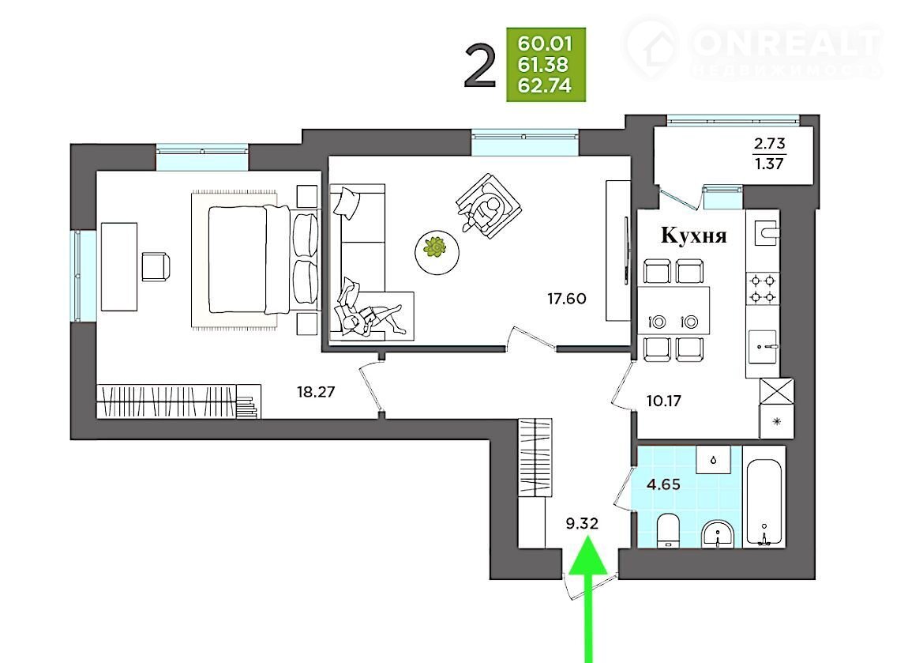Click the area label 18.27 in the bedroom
pyautogui.click(x=316, y=392)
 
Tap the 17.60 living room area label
pyautogui.click(x=566, y=299)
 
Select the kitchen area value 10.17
pyautogui.click(x=663, y=401)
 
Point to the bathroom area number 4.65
pyautogui.click(x=663, y=484)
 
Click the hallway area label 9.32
pyautogui.click(x=582, y=523)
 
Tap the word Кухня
pyautogui.click(x=694, y=235)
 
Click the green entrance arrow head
pyautogui.click(x=588, y=556)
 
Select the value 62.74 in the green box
pyautogui.click(x=544, y=86)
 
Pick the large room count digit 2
pyautogui.click(x=481, y=68)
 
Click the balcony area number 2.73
pyautogui.click(x=769, y=143)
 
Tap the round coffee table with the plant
pyautogui.click(x=437, y=252)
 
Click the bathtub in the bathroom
pyautogui.click(x=764, y=503)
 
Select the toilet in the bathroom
pyautogui.click(x=668, y=529)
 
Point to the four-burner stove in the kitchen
pyautogui.click(x=763, y=288)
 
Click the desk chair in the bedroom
pyautogui.click(x=156, y=266)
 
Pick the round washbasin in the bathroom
pyautogui.click(x=718, y=533)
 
